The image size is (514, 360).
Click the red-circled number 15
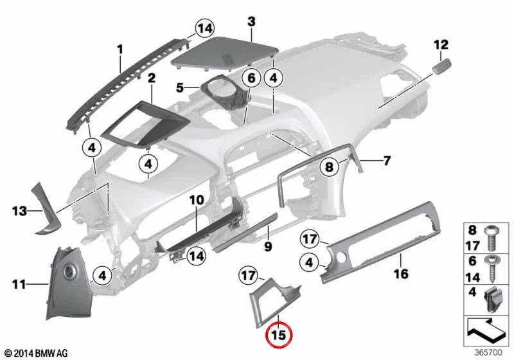[279, 335]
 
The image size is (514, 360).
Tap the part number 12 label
[441, 44]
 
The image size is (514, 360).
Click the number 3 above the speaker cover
[251, 22]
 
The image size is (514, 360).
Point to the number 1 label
[120, 50]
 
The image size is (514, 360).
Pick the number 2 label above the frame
[152, 78]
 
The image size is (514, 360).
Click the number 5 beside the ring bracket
[180, 88]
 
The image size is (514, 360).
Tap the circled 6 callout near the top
[251, 78]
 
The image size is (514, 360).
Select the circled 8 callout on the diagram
[329, 166]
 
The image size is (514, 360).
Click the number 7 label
[387, 161]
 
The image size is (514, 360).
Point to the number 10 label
[197, 200]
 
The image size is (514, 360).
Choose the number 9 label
[268, 246]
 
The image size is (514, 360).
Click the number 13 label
[19, 211]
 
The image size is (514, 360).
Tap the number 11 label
[19, 284]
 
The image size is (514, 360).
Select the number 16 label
[401, 273]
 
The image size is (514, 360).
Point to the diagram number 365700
[488, 352]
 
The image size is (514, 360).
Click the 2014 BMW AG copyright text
[37, 353]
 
